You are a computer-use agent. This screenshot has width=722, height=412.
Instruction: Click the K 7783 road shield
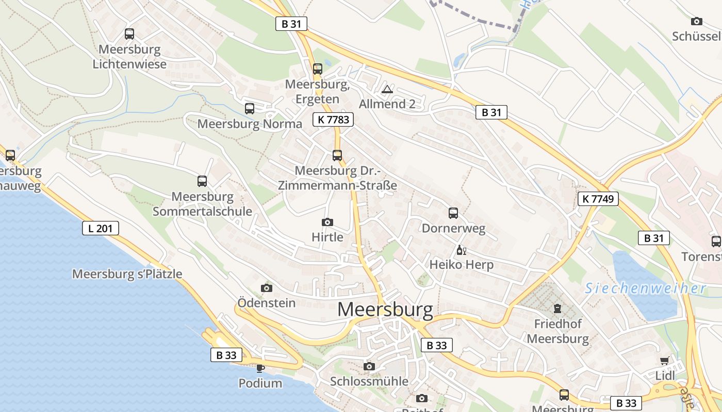pos(333,120)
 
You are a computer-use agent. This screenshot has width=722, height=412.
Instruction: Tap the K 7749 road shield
pos(598,199)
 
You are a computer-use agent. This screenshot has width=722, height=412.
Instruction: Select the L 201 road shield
pos(101,228)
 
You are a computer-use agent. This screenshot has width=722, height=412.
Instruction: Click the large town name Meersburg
pos(385,309)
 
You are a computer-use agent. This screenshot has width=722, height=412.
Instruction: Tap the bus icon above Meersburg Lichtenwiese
pos(129,34)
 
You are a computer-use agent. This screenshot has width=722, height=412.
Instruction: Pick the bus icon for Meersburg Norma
pos(250,108)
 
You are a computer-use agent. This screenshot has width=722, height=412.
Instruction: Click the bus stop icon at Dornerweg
pos(453,213)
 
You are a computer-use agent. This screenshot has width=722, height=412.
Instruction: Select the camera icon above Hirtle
pos(327,222)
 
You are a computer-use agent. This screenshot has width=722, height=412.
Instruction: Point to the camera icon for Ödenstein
pos(267,287)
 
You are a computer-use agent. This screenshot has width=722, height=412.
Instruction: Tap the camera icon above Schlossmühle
pos(369,366)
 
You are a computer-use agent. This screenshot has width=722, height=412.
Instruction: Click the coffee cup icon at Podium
pos(260,368)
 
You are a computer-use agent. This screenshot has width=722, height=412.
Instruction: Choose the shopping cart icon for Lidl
pos(665,360)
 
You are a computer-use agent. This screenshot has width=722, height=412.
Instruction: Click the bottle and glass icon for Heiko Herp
pos(461,250)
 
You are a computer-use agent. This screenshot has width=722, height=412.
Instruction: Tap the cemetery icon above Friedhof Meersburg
pos(557,308)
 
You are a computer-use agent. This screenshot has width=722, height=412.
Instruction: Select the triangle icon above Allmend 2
pos(387,90)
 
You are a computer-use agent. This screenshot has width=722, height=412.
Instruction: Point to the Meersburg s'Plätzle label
pos(127,274)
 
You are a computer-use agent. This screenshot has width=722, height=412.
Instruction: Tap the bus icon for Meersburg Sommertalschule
pos(202,181)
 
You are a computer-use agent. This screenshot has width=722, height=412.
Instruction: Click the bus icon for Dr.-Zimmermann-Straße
pos(337,155)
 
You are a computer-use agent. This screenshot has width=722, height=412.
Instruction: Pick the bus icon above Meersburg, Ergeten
pos(318,68)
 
